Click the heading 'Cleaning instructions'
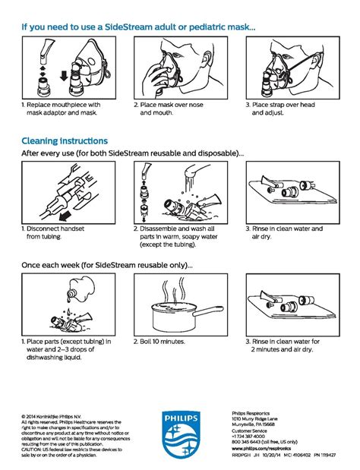[x=65, y=140]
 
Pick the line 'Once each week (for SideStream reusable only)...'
[x=106, y=266]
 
